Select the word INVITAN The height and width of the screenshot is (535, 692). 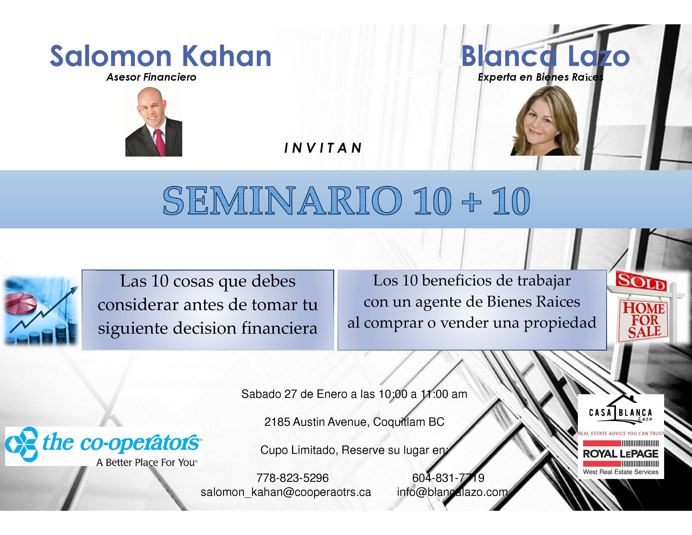pyautogui.click(x=323, y=148)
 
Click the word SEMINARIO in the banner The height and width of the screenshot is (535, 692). pyautogui.click(x=282, y=201)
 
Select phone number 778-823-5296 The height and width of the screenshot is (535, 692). pyautogui.click(x=292, y=478)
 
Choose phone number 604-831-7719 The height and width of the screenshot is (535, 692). pyautogui.click(x=448, y=478)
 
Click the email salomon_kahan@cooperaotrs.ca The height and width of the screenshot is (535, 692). pyautogui.click(x=286, y=492)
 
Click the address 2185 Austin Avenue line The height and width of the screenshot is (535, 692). pyautogui.click(x=354, y=422)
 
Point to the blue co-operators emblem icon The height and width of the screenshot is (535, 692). pyautogui.click(x=22, y=444)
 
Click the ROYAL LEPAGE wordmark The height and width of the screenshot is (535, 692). pyautogui.click(x=621, y=454)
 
